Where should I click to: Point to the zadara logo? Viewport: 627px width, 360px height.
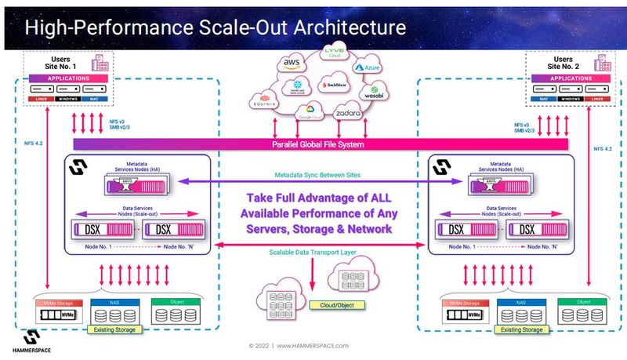coord(347,115)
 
